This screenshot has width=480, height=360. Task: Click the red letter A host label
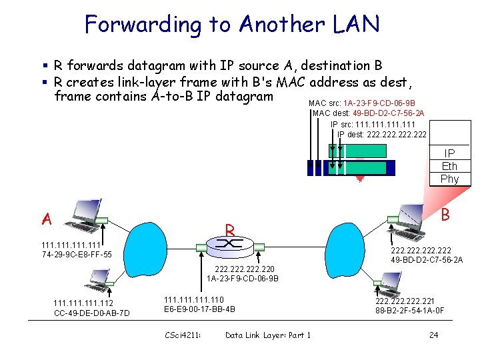click(46, 219)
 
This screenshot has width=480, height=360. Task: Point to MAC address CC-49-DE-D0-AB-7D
click(91, 313)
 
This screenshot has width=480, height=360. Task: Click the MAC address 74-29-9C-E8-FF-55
click(77, 255)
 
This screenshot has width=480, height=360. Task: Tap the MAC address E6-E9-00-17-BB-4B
click(199, 309)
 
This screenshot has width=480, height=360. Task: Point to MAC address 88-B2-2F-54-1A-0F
click(409, 310)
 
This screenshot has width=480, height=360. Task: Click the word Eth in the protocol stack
click(449, 166)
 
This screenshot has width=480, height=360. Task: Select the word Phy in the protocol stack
click(449, 179)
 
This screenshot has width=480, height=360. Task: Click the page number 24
click(433, 335)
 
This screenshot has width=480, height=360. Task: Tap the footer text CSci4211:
click(182, 335)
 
